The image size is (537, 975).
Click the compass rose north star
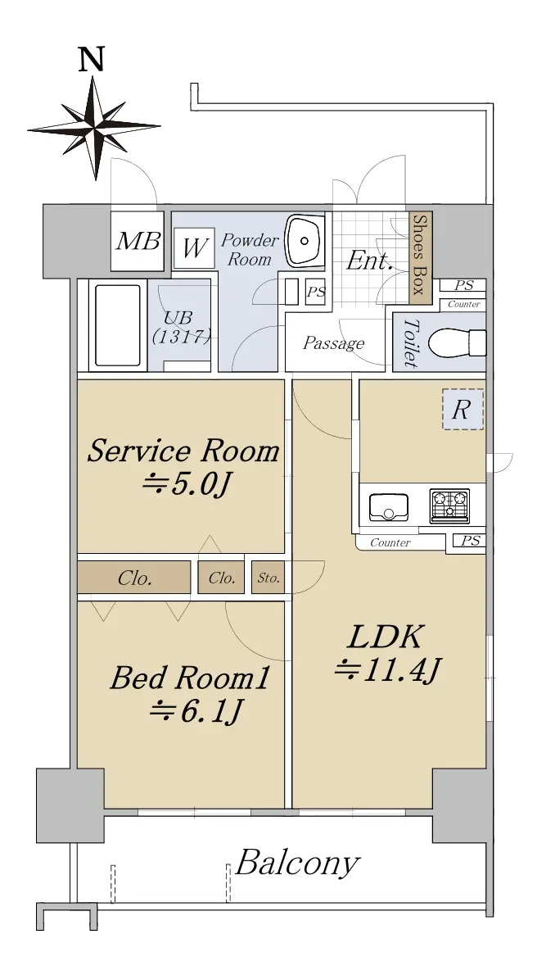tap(94, 128)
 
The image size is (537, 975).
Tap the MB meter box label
tap(138, 241)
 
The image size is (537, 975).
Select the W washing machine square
tap(194, 248)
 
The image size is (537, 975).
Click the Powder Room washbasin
tap(305, 240)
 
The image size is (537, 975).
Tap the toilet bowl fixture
tap(460, 342)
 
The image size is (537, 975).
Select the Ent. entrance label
tap(369, 261)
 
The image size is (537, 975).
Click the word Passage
tap(333, 343)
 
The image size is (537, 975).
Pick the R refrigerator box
tap(463, 410)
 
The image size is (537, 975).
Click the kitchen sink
tap(389, 507)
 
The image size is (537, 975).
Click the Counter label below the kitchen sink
tap(390, 543)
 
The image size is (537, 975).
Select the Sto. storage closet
tap(268, 578)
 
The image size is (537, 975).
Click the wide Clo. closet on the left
tap(134, 578)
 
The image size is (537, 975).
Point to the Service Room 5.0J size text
tap(187, 483)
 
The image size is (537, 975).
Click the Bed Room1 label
tap(190, 678)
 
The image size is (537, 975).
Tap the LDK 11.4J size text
tap(388, 670)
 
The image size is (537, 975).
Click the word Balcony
tap(298, 864)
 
